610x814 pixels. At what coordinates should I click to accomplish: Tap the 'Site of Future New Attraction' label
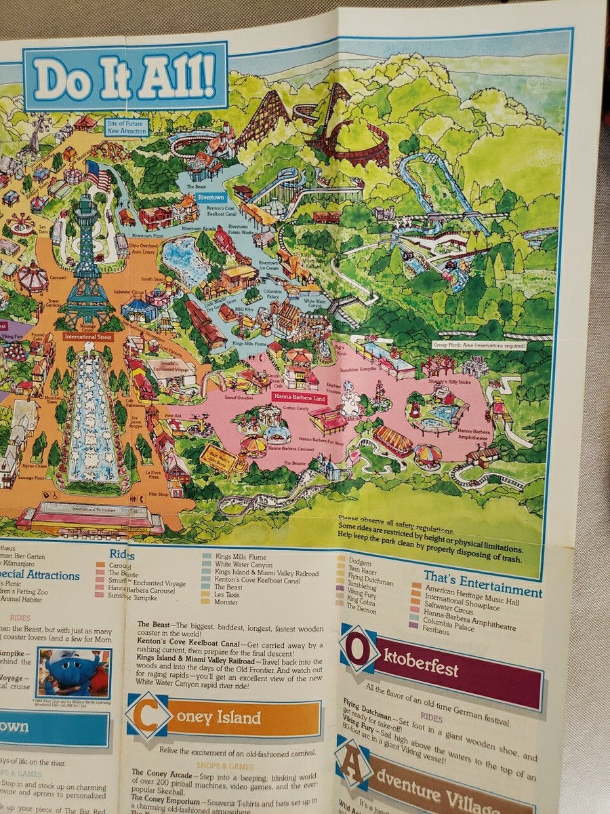(x=127, y=128)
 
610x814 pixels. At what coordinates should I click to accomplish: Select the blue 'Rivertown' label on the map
(x=211, y=197)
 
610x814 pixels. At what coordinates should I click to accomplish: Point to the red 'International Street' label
(x=89, y=336)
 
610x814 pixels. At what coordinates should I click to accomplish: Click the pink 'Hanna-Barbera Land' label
(x=299, y=398)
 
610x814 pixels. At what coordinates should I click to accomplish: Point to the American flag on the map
(x=98, y=175)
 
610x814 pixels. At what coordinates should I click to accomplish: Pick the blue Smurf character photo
(x=75, y=674)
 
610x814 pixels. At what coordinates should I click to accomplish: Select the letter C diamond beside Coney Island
(x=148, y=714)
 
